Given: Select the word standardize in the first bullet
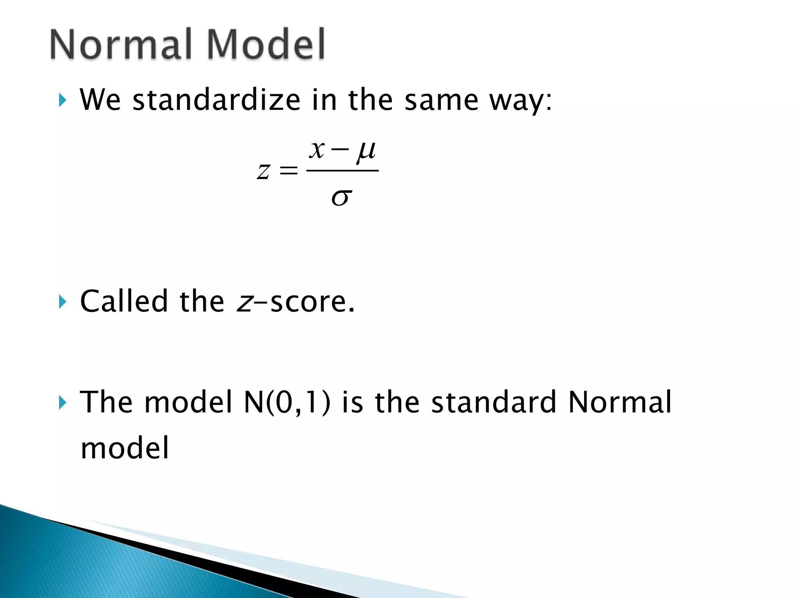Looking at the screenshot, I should pyautogui.click(x=216, y=100).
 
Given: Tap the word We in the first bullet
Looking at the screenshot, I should pyautogui.click(x=100, y=100).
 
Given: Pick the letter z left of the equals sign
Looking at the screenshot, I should pyautogui.click(x=263, y=171).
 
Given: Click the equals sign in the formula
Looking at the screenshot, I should pyautogui.click(x=288, y=171).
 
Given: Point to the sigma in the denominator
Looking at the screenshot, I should pyautogui.click(x=342, y=197).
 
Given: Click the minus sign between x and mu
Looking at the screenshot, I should pyautogui.click(x=340, y=149).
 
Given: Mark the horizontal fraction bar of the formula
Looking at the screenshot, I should pyautogui.click(x=342, y=171).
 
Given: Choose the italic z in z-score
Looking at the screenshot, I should pyautogui.click(x=244, y=303).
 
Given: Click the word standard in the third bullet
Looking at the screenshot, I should pyautogui.click(x=493, y=402).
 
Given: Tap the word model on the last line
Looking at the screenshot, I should pyautogui.click(x=125, y=448).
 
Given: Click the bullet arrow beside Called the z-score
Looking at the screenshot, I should pyautogui.click(x=62, y=302).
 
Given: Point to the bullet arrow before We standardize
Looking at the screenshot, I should pyautogui.click(x=62, y=100).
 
